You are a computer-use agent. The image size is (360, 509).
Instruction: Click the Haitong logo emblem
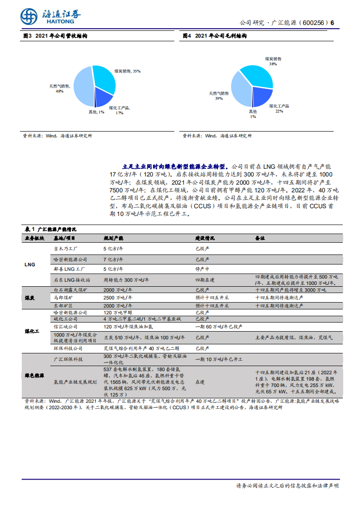point(29,17)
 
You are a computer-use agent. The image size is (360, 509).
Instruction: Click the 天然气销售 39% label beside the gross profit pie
point(219,95)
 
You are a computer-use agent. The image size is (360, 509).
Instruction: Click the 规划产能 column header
point(113,238)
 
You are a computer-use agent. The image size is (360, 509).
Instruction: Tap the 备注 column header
point(260,238)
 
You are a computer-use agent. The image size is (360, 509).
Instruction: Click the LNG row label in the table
point(30,264)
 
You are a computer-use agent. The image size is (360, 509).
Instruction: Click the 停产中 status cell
point(202,269)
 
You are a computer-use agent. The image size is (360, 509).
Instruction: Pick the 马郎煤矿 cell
point(63,298)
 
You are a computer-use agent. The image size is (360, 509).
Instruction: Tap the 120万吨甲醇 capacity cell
point(117,313)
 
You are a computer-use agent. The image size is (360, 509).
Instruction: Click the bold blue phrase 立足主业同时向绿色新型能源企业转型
point(176,166)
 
